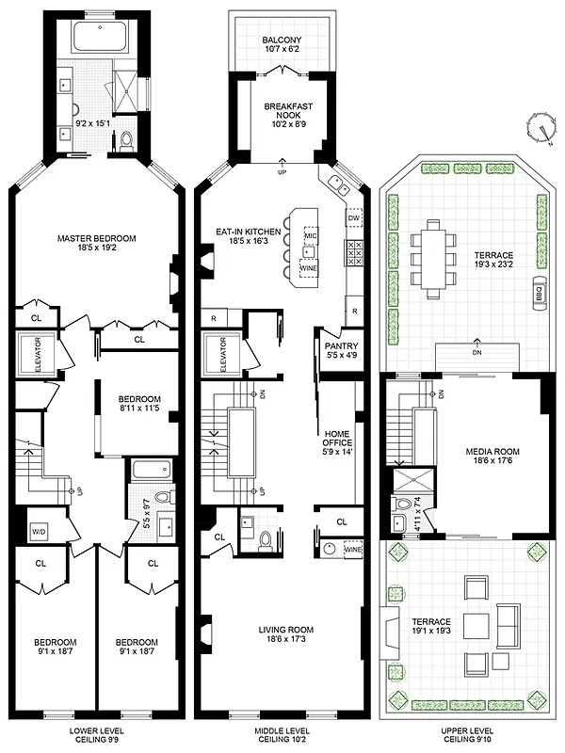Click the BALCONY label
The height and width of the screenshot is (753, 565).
(282, 39)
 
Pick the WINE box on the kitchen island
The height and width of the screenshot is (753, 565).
(309, 268)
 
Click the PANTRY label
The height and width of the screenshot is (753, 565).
(336, 332)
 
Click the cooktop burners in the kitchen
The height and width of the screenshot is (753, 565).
(356, 252)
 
